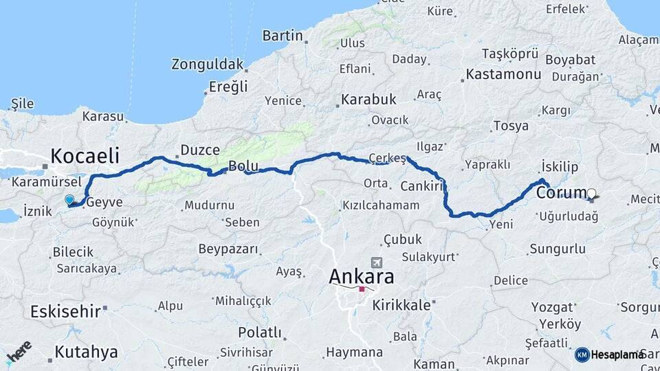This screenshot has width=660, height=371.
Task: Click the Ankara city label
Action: tap(362, 276)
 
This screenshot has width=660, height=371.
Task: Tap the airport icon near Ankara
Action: tap(375, 262)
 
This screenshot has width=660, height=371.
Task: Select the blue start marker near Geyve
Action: tap(69, 200)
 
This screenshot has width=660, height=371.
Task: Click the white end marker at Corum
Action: tap(591, 193)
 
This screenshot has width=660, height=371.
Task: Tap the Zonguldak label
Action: tap(208, 65)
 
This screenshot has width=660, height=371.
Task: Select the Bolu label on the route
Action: tap(243, 166)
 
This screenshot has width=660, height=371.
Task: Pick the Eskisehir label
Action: tap(65, 312)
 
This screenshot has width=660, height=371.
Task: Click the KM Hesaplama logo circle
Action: tap(582, 355)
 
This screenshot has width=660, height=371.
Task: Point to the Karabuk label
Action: tap(369, 99)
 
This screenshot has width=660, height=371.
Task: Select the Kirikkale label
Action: tap(401, 305)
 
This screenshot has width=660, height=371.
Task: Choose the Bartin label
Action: tap(283, 35)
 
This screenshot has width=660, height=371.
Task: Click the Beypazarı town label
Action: tap(228, 249)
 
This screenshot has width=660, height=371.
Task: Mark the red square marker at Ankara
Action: tap(362, 289)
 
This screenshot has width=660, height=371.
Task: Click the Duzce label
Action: tap(200, 149)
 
